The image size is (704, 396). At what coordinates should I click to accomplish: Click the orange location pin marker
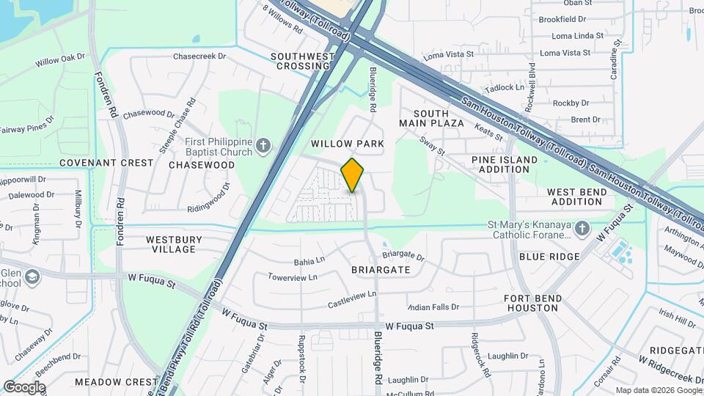pos(353,175)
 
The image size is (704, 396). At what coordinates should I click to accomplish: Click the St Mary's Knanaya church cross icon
pos(582,228)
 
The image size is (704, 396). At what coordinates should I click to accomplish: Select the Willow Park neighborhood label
pos(347,144)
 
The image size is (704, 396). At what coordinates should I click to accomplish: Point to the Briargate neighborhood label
pos(380,270)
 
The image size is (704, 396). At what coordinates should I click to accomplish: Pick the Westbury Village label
pos(171,244)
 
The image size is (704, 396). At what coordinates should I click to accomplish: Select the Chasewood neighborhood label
pos(202,165)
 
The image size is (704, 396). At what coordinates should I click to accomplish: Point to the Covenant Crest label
pos(106,163)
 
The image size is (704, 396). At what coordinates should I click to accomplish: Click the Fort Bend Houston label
pos(532,303)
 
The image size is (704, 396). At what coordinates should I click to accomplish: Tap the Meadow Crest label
pos(116,382)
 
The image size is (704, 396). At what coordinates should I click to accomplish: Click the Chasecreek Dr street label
pos(199,56)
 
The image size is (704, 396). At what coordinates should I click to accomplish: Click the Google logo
pos(24,386)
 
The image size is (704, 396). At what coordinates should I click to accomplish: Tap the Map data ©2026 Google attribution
pos(657,390)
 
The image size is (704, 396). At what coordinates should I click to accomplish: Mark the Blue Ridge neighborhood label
pos(549,257)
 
